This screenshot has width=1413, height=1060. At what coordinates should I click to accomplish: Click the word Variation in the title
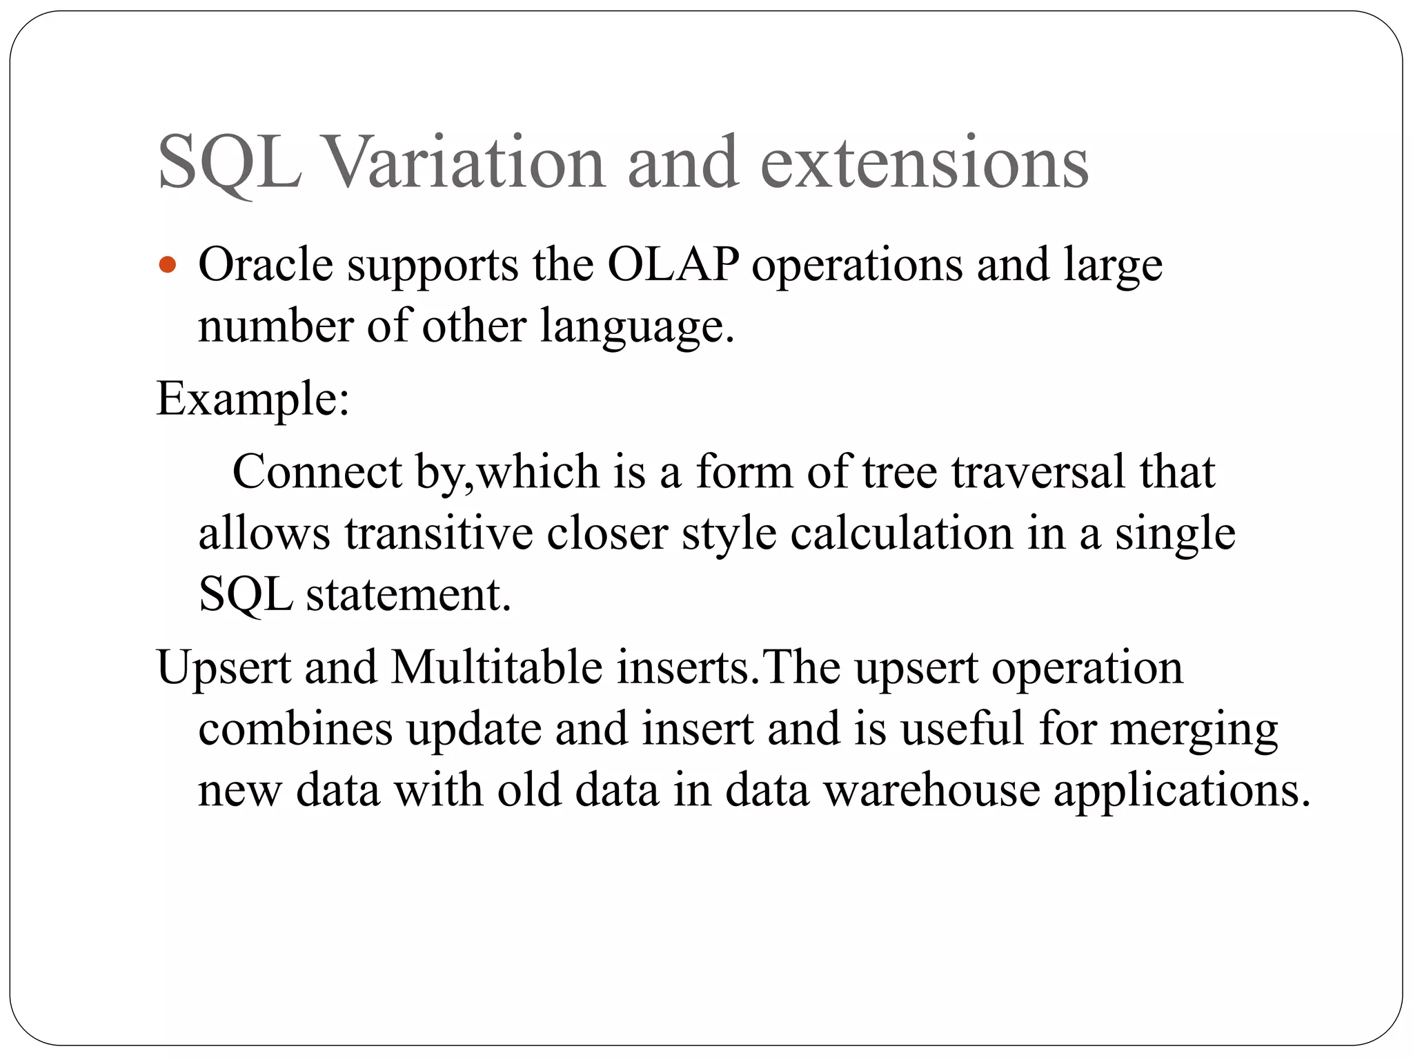[x=465, y=163]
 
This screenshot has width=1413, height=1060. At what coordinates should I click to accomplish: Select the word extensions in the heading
[x=924, y=163]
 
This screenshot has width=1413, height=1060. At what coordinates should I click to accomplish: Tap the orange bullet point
[x=168, y=265]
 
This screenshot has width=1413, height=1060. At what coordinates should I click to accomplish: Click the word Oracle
[x=266, y=265]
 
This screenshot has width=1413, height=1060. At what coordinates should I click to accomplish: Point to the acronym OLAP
[x=673, y=265]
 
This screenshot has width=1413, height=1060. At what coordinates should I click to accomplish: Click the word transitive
[x=439, y=533]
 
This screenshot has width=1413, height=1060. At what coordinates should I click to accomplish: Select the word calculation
[x=901, y=533]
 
